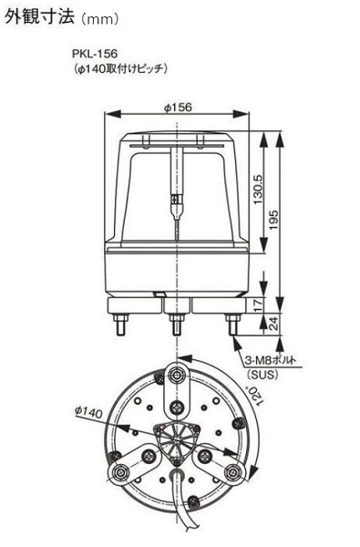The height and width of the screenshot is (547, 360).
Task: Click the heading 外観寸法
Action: [40, 16]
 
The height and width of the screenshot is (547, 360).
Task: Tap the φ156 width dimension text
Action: [178, 107]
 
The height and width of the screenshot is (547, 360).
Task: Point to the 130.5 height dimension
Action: [259, 190]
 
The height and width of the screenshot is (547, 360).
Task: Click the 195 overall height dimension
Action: [273, 220]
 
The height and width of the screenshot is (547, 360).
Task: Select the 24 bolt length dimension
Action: [274, 324]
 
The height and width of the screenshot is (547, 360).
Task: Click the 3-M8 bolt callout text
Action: [270, 360]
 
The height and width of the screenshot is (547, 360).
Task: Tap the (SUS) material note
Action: [262, 375]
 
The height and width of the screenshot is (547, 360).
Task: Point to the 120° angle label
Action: [254, 396]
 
